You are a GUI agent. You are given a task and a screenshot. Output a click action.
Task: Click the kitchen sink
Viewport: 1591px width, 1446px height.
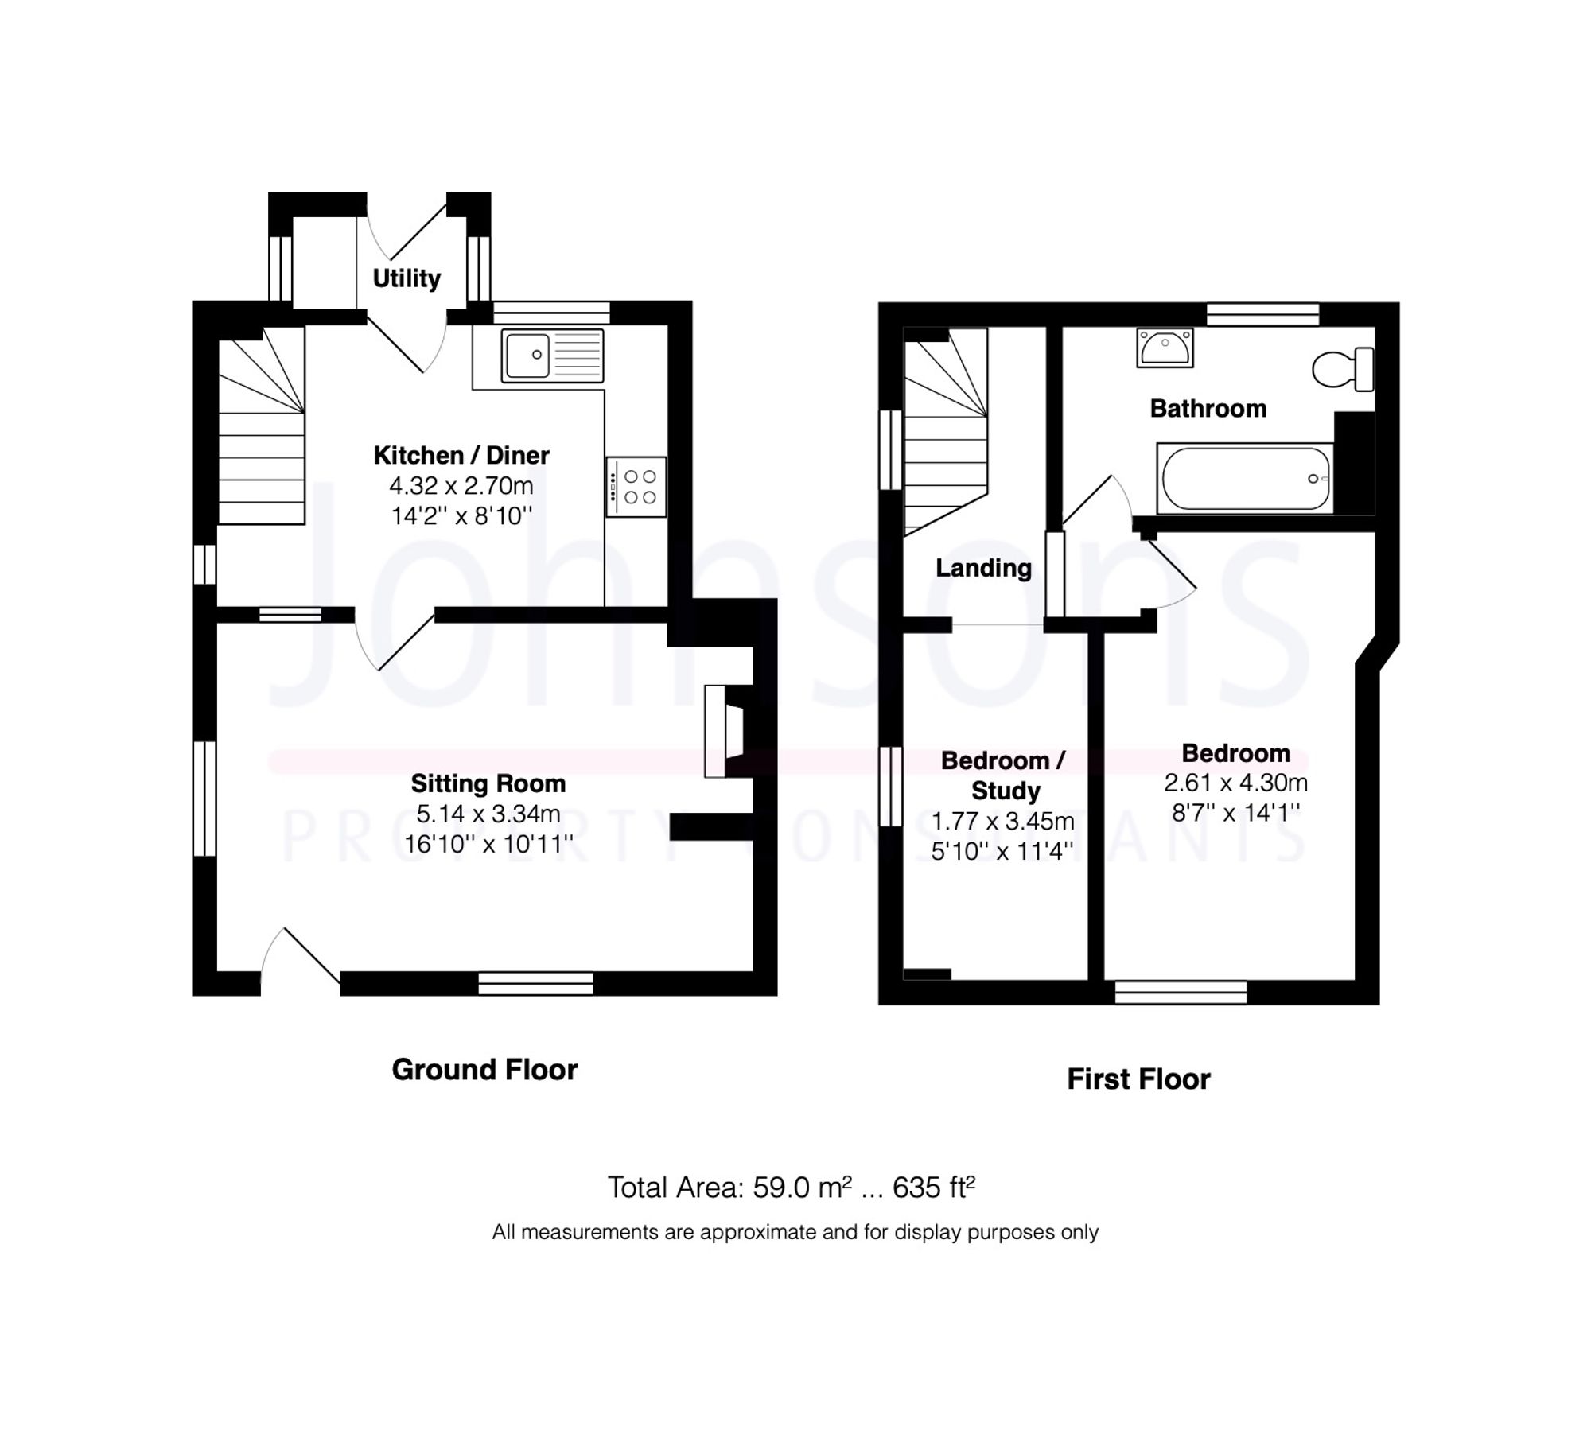pos(552,355)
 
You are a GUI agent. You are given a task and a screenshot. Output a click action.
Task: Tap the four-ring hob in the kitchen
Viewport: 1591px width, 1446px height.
pos(636,487)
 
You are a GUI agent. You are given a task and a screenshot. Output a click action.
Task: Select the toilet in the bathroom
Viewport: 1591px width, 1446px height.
pos(1342,370)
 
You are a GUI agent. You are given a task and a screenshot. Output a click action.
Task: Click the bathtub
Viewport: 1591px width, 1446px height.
pos(1244,478)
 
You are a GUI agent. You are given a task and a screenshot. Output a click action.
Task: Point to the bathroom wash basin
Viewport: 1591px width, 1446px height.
pos(1165,348)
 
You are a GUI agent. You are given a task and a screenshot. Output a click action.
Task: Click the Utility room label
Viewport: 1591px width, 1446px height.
pos(407,278)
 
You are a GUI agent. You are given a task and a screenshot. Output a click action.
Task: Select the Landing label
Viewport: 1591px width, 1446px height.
pos(983,568)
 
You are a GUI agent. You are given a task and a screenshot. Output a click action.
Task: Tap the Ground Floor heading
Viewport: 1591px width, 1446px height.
pos(484,1070)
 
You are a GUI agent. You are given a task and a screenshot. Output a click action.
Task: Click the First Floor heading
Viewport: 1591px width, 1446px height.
pos(1138,1079)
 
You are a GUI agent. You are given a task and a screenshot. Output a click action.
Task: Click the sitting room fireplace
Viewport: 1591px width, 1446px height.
pos(724,732)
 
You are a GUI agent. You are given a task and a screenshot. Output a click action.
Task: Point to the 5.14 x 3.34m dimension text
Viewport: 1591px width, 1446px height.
pos(488,814)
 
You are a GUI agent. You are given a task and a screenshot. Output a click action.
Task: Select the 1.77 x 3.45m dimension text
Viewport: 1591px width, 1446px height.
pos(1002,821)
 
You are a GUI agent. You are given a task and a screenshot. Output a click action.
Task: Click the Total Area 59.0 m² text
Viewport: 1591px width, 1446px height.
pos(791,1188)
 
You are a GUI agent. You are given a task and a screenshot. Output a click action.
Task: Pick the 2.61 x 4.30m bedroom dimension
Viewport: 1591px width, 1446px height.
pos(1235,783)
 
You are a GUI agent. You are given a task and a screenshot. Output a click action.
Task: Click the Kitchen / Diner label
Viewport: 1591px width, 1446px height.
pos(461,456)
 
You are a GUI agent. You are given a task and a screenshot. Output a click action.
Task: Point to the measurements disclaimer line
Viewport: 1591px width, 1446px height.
pos(795,1232)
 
